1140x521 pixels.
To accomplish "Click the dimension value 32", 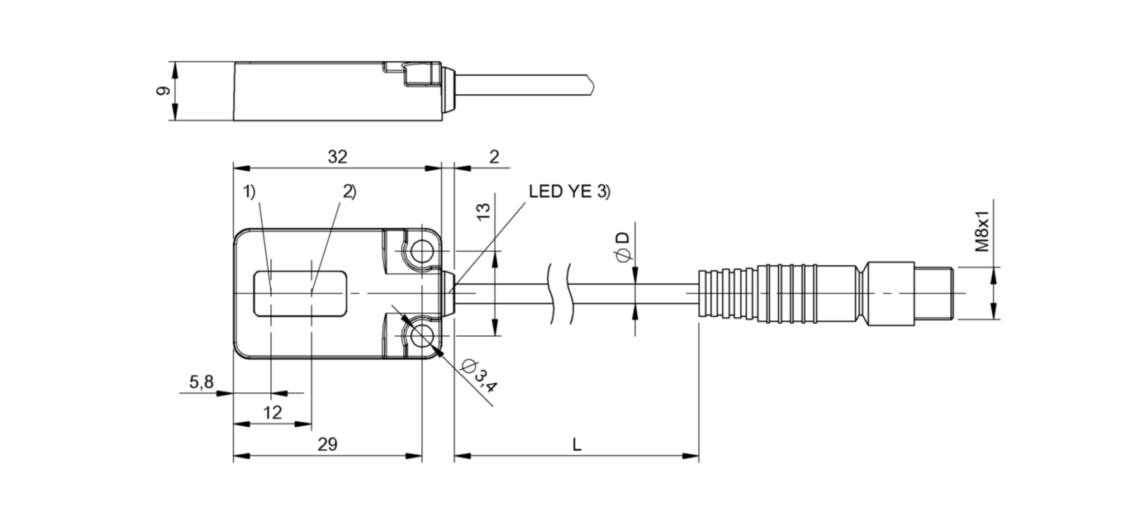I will point(337,156).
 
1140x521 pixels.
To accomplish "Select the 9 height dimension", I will point(164,91).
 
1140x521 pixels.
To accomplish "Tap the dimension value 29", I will point(328,444).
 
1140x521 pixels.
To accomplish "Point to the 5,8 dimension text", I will point(202,381).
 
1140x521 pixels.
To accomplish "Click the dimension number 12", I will point(273,412).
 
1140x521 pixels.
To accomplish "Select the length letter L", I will point(577,444).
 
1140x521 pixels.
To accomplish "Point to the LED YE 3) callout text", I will point(568,192).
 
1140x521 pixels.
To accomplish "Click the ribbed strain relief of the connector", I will point(727,294).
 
